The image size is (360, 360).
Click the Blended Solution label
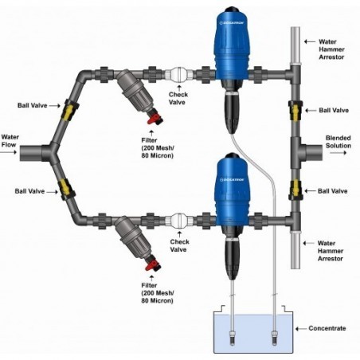(338, 143)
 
